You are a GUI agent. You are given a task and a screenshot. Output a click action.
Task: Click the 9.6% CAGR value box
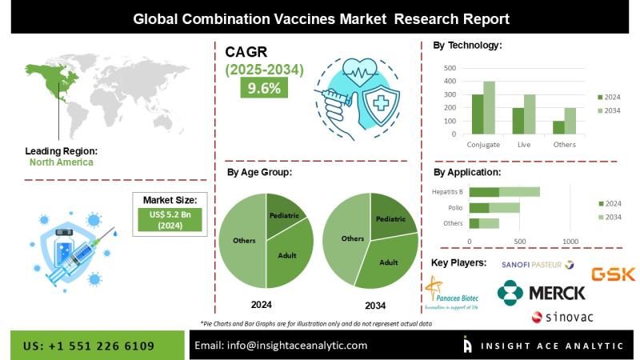point(265,88)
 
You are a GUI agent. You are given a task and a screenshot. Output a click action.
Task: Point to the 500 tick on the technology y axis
point(450,69)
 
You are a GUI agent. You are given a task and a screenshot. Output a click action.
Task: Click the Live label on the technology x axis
point(523,144)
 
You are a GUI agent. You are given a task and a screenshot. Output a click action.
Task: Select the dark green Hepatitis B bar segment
point(484,192)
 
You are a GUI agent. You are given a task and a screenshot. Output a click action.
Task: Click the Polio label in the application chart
point(454,207)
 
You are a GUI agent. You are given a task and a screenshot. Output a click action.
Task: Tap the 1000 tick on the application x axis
point(570,241)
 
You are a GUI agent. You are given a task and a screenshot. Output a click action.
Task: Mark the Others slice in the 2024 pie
point(243,240)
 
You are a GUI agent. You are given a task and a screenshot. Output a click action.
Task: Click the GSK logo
point(613,274)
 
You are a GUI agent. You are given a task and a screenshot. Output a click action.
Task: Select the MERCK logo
point(541,293)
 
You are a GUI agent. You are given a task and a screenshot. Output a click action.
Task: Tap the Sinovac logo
point(562,318)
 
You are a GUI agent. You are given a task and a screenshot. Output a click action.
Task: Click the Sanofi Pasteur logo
point(537,264)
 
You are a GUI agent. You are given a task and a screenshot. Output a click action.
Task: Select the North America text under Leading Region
point(62,162)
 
